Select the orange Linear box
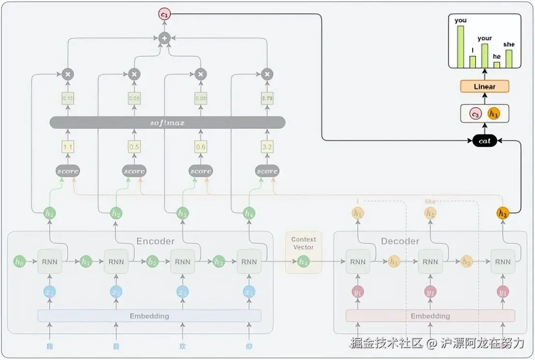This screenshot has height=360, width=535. point(484,86)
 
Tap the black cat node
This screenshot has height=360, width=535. point(484,141)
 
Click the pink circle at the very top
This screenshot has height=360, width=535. point(165,14)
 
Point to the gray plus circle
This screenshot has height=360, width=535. point(165,38)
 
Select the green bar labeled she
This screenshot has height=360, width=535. point(509,58)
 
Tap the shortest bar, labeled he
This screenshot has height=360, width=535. point(497,65)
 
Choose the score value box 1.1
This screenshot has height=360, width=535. point(68,146)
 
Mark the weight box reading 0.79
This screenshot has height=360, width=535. point(267,98)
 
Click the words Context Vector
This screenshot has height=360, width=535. point(303,243)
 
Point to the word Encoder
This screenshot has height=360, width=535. point(155,241)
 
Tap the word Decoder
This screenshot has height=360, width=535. point(400,241)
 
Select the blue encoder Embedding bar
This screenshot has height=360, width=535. point(149,316)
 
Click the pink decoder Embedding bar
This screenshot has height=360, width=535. point(430,316)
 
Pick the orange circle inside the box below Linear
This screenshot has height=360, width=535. point(493,113)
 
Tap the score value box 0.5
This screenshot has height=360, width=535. point(134,146)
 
